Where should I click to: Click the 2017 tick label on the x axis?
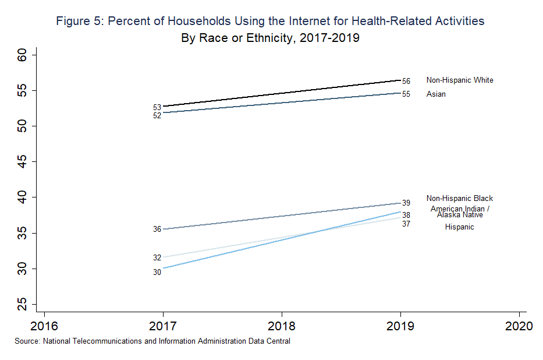pyautogui.click(x=162, y=325)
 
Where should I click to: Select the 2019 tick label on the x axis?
pyautogui.click(x=400, y=325)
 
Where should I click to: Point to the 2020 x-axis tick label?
pyautogui.click(x=519, y=325)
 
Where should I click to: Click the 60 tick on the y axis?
pyautogui.click(x=23, y=55)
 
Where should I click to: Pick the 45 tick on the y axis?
pyautogui.click(x=23, y=161)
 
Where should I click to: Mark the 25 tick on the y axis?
pyautogui.click(x=23, y=304)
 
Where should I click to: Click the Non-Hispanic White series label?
pyautogui.click(x=460, y=80)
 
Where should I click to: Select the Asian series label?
pyautogui.click(x=436, y=94)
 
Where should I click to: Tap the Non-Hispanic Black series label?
pyautogui.click(x=459, y=199)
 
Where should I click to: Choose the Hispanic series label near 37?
pyautogui.click(x=459, y=227)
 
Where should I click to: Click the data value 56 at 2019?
pyautogui.click(x=406, y=82)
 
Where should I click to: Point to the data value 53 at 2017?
pyautogui.click(x=157, y=108)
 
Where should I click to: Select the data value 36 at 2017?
pyautogui.click(x=157, y=230)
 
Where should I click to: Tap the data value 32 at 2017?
pyautogui.click(x=157, y=258)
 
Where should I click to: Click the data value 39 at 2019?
pyautogui.click(x=406, y=203)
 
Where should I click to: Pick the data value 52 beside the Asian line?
pyautogui.click(x=157, y=116)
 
